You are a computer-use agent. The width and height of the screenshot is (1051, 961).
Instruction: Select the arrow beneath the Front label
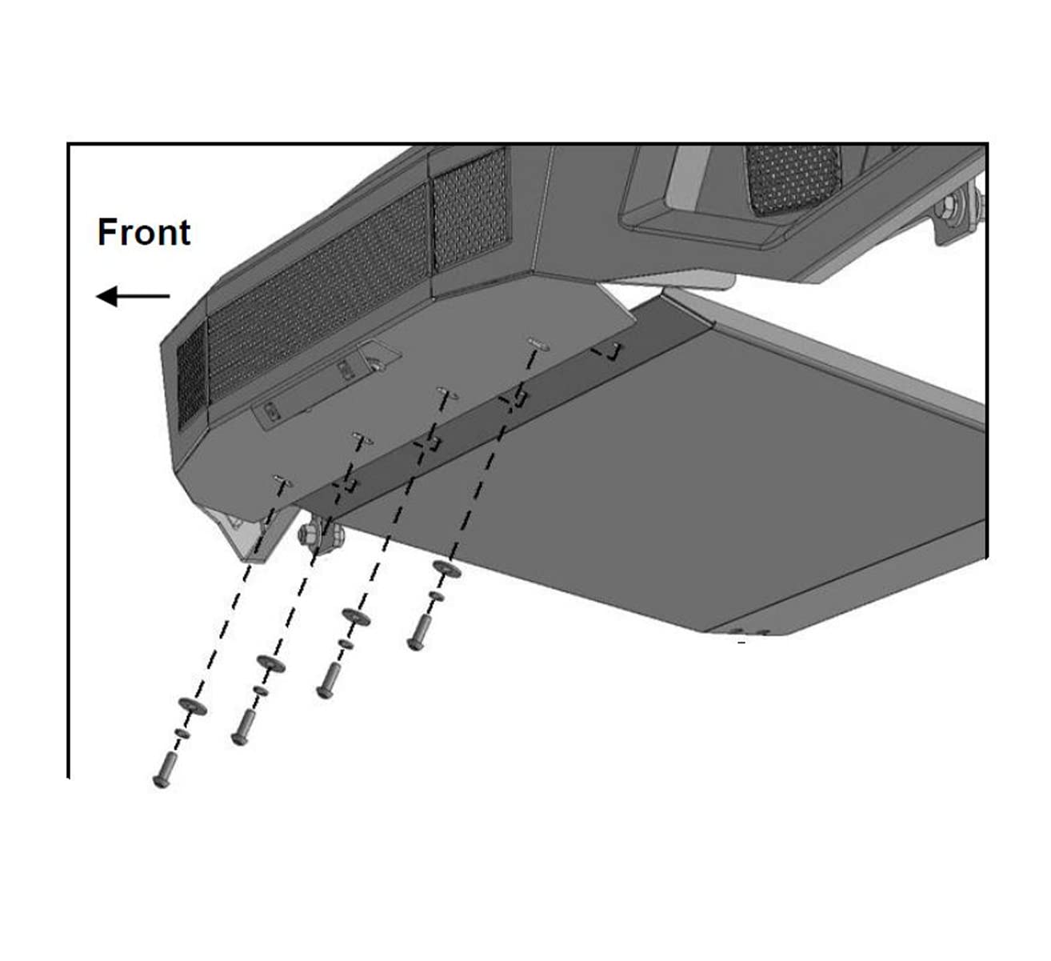tap(133, 296)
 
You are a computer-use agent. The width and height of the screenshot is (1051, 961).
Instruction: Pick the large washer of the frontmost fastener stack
tap(192, 706)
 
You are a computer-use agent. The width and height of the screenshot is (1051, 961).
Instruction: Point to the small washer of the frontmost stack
tap(182, 733)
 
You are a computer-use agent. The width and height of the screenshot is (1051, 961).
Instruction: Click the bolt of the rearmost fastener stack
tap(418, 633)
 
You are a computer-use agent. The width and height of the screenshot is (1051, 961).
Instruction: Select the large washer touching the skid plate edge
tap(447, 569)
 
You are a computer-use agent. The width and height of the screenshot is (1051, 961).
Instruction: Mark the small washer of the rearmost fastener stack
tap(436, 596)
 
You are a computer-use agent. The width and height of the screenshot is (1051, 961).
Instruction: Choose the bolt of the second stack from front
tap(242, 727)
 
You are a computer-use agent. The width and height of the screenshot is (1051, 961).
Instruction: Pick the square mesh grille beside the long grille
tap(470, 210)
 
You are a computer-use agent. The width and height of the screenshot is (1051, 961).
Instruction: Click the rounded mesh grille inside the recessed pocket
tap(792, 179)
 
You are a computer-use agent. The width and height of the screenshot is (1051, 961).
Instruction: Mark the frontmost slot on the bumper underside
tap(282, 480)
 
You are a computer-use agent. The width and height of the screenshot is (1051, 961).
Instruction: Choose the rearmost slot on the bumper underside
tap(538, 344)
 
